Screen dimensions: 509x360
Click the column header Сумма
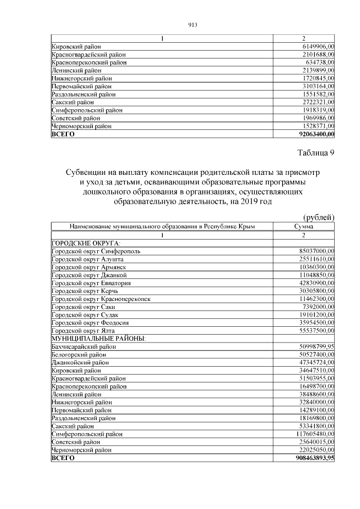click(304, 226)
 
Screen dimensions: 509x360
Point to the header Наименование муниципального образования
click(162, 226)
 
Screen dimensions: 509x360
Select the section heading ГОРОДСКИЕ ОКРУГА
click(85, 242)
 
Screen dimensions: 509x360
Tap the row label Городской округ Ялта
click(86, 331)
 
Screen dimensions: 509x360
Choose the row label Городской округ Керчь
click(88, 291)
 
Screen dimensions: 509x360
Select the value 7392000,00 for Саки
click(318, 307)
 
